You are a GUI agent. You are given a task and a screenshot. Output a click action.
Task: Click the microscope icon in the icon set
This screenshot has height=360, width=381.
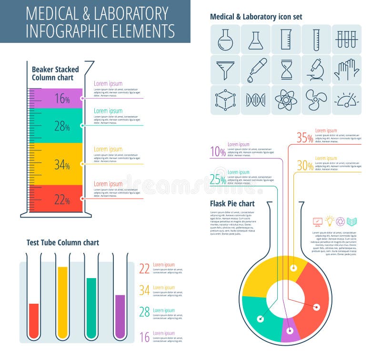316,70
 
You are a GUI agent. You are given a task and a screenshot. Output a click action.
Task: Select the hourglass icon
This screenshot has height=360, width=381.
286,70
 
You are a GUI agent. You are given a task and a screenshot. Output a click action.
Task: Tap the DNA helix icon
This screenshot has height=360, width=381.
256,100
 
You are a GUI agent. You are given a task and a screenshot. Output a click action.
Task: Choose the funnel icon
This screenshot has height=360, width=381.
225,70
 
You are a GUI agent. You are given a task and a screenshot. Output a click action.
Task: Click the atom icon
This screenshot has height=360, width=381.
286,100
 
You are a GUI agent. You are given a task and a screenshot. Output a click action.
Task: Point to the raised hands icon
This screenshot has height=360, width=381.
346,70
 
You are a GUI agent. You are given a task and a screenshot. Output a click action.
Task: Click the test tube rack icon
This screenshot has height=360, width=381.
346,40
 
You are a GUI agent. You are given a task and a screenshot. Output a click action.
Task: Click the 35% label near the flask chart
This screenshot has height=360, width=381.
305,138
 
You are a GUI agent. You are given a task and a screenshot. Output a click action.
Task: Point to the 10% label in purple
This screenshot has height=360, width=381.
218,151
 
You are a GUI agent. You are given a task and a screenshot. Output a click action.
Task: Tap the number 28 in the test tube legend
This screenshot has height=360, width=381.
144,312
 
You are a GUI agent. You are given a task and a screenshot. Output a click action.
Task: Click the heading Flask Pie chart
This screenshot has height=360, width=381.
232,204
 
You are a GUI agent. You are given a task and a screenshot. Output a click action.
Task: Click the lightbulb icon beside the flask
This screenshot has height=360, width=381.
329,221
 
